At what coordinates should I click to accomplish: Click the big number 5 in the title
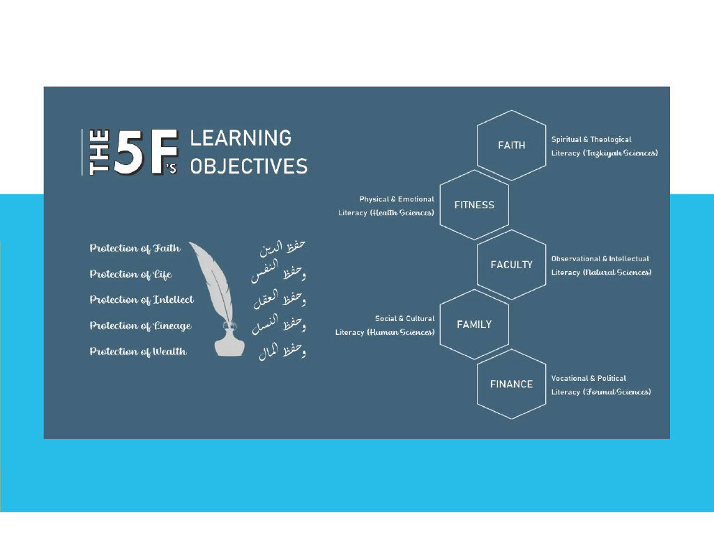coord(129,153)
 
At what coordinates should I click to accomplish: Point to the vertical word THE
coord(99,153)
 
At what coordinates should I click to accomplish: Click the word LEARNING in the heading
coord(241,139)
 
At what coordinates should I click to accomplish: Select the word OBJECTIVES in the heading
coord(249,166)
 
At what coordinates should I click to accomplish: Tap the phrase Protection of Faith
coord(135,249)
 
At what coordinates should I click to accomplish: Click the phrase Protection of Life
coord(130,274)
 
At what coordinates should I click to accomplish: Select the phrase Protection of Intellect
coord(142,300)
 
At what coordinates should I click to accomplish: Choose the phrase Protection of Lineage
coord(140,326)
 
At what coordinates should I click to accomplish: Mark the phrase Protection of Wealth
coord(138,352)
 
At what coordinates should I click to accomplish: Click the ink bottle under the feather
coord(229,341)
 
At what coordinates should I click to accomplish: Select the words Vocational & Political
coord(588,378)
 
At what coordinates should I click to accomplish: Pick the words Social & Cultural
coord(405,318)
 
